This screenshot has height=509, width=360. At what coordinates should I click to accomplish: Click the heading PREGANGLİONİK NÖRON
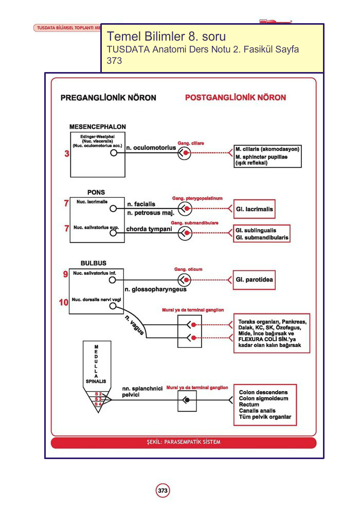(109, 98)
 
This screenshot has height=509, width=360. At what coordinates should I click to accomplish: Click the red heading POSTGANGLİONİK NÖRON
(236, 97)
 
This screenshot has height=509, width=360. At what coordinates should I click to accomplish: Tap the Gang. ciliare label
(191, 143)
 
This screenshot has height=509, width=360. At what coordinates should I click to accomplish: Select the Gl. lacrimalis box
(254, 209)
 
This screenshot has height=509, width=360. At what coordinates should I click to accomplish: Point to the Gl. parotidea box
(254, 279)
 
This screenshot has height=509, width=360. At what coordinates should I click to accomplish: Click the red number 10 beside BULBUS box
(64, 302)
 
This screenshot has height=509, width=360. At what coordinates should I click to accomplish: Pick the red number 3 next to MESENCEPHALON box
(67, 153)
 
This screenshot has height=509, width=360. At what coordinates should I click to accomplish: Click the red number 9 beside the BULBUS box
(65, 274)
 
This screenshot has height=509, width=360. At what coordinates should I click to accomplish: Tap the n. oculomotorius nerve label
(151, 148)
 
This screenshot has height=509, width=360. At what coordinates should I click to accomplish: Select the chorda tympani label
(149, 229)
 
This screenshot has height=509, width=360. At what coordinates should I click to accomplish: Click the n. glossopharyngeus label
(156, 289)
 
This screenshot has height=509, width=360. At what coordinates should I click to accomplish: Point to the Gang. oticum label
(188, 269)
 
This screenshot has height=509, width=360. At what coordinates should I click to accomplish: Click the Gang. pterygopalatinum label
(197, 198)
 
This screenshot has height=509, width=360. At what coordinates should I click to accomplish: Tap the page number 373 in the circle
(163, 490)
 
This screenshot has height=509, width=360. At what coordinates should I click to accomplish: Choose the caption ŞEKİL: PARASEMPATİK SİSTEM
(184, 442)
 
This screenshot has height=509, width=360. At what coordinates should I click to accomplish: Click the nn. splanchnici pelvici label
(142, 392)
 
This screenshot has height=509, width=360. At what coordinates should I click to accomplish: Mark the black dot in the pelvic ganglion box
(187, 400)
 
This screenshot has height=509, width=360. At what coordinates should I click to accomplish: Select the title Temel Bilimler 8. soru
(167, 37)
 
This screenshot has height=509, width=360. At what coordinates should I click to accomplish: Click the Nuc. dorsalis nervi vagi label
(96, 300)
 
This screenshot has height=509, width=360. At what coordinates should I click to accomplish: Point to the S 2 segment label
(98, 394)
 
